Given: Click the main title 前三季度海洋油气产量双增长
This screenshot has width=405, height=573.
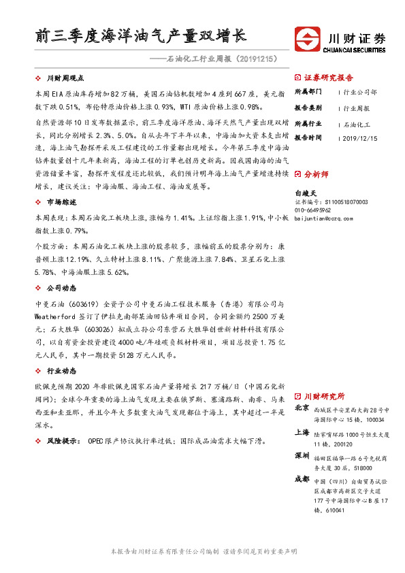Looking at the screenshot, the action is click(x=141, y=35).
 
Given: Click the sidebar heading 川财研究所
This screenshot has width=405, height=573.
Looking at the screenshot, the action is click(x=324, y=395).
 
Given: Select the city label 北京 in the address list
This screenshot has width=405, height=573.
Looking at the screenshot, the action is click(x=302, y=408).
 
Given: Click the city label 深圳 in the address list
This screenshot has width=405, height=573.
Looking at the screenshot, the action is click(x=302, y=455).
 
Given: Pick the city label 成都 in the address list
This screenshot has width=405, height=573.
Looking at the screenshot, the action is click(x=302, y=478).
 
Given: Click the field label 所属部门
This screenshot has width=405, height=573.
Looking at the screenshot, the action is click(x=307, y=92).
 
